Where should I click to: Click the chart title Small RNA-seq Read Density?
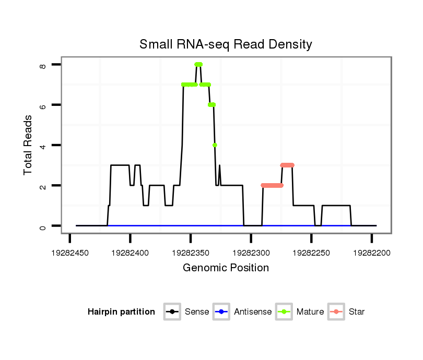226,44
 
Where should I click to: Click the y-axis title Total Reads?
29,145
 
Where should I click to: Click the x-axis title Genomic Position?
226,268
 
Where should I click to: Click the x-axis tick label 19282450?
70,253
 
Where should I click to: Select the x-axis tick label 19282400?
130,253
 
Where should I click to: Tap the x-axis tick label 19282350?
191,253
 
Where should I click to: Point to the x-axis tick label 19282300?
251,253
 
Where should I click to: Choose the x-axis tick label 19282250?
311,253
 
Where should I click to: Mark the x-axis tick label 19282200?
371,253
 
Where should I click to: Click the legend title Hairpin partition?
121,312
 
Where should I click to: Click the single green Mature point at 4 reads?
215,145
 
